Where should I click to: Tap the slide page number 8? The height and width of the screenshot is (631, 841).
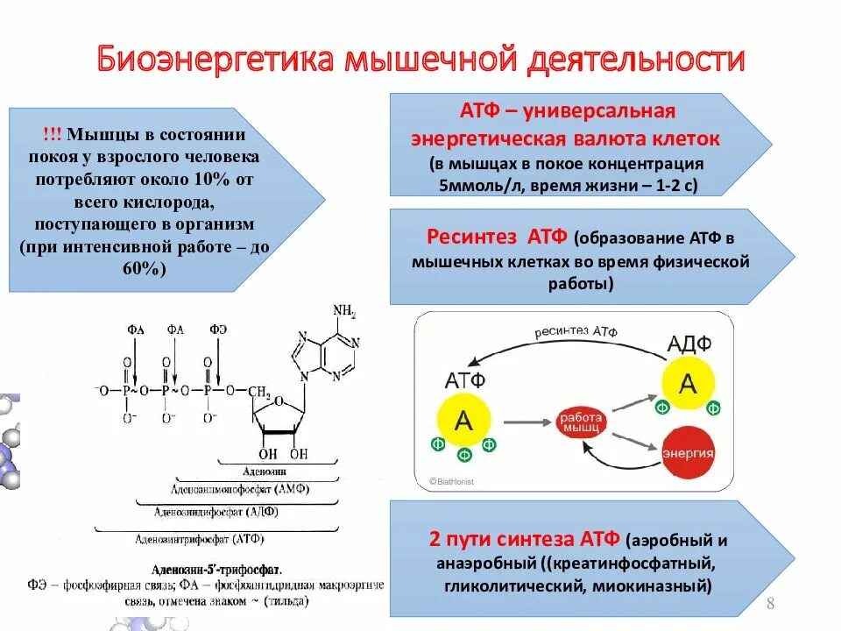tap(770, 603)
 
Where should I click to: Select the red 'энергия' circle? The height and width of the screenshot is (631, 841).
tap(688, 453)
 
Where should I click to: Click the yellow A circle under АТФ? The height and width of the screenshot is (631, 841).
tap(463, 422)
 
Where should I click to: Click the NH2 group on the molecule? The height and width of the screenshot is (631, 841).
tap(343, 312)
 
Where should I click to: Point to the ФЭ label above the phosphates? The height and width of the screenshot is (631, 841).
tap(217, 330)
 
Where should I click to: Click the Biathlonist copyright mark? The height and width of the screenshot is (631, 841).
tap(449, 480)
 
